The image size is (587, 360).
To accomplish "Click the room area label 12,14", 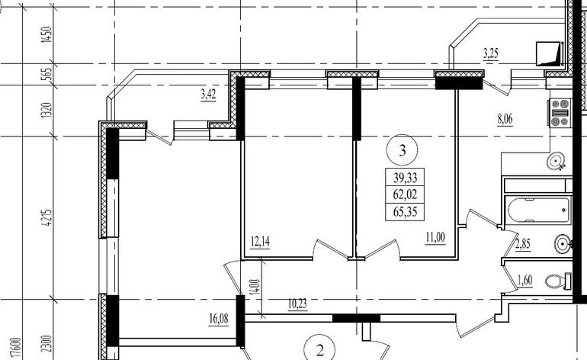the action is pyautogui.click(x=260, y=242).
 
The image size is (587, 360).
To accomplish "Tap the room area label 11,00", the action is pyautogui.click(x=435, y=237).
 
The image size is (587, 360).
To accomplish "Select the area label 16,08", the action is pyautogui.click(x=219, y=319).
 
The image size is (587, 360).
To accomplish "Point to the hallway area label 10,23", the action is pyautogui.click(x=297, y=304).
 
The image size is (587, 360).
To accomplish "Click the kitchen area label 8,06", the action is pyautogui.click(x=505, y=120).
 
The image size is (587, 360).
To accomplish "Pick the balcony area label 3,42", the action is pyautogui.click(x=209, y=94).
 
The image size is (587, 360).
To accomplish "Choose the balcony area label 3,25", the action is pyautogui.click(x=491, y=53).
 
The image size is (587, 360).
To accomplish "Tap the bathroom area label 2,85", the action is pyautogui.click(x=523, y=244).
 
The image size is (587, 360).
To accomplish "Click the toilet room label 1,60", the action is pyautogui.click(x=524, y=280).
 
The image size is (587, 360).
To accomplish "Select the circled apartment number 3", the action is pyautogui.click(x=402, y=150).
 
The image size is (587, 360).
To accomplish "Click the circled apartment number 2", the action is pyautogui.click(x=319, y=352).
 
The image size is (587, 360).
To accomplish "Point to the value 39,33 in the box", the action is pyautogui.click(x=405, y=177).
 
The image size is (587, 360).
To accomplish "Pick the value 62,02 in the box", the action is pyautogui.click(x=405, y=194).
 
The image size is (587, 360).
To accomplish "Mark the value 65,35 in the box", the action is pyautogui.click(x=405, y=212).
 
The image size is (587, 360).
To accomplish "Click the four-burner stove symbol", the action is pyautogui.click(x=560, y=112).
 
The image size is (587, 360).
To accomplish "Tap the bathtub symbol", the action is pyautogui.click(x=538, y=210).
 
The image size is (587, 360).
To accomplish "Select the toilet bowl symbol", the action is pyautogui.click(x=558, y=281).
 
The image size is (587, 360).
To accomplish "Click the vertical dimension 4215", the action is pyautogui.click(x=47, y=217).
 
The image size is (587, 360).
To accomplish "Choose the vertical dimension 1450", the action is pyautogui.click(x=47, y=34).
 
